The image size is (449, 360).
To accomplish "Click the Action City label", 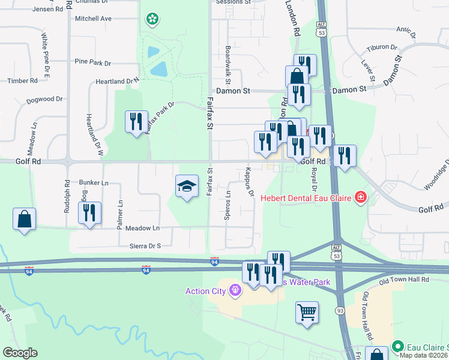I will pyautogui.click(x=205, y=292).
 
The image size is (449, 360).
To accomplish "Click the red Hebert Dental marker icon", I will pyautogui.click(x=360, y=197).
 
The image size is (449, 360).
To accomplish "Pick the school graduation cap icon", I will pyautogui.click(x=187, y=187).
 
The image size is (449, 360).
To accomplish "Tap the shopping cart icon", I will pyautogui.click(x=307, y=312).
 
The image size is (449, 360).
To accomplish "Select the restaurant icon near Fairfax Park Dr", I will pyautogui.click(x=136, y=122).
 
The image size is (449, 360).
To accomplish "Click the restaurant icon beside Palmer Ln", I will pyautogui.click(x=89, y=212).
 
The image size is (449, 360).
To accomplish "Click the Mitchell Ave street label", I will pyautogui.click(x=93, y=19).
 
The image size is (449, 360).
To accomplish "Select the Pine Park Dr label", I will pyautogui.click(x=93, y=62).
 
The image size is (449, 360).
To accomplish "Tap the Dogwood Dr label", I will pyautogui.click(x=44, y=100).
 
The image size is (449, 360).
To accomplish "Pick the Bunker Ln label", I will pyautogui.click(x=93, y=182).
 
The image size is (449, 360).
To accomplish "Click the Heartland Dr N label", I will pyautogui.click(x=117, y=81).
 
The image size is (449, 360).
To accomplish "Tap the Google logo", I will pyautogui.click(x=20, y=353).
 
